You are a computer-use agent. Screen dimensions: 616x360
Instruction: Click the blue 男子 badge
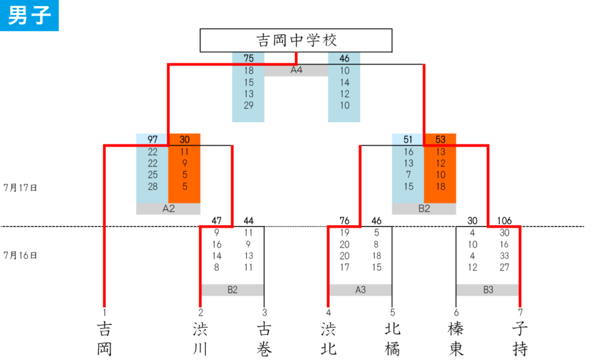pos(29,15)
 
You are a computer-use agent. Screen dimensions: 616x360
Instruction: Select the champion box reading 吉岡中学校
pos(296,40)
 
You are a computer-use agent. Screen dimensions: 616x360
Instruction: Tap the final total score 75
pos(248,58)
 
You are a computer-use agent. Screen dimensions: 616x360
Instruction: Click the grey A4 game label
pos(296,70)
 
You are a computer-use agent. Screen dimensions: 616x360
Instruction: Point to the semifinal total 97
pos(152,140)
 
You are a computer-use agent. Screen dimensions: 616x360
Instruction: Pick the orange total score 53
pos(440,140)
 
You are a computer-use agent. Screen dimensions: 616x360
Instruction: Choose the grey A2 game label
pos(168,209)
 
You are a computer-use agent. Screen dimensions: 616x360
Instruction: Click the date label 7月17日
pos(20,188)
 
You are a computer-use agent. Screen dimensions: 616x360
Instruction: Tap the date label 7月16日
pos(20,255)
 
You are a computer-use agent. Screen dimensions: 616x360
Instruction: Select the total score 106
pos(505,221)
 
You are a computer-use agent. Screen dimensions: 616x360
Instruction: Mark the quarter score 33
pos(505,256)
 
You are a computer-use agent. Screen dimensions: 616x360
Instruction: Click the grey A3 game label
pos(360,290)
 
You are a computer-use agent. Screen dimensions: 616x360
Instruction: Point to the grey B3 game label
pos(488,290)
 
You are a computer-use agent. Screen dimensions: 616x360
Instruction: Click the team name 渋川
pos(200,339)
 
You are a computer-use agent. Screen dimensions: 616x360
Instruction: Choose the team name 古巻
pos(264,339)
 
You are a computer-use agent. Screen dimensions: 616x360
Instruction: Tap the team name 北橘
pos(392,339)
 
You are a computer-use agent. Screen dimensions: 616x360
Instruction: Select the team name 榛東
pos(456,339)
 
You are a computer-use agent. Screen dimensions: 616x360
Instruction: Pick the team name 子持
pos(520,339)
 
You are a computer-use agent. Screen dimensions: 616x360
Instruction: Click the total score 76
pos(344,221)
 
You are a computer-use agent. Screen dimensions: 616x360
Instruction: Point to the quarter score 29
pos(248,105)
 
